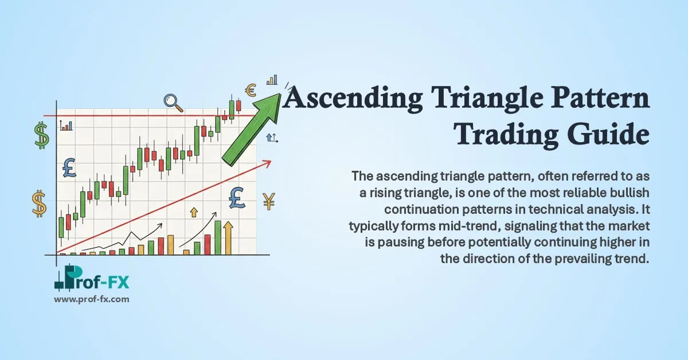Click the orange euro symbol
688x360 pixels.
pos(250,90)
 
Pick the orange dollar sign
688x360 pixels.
pos(40,204)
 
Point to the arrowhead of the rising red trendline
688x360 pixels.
pos(266,163)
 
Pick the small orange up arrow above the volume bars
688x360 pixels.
pos(193,212)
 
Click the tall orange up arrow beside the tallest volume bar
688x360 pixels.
pos(228,238)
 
